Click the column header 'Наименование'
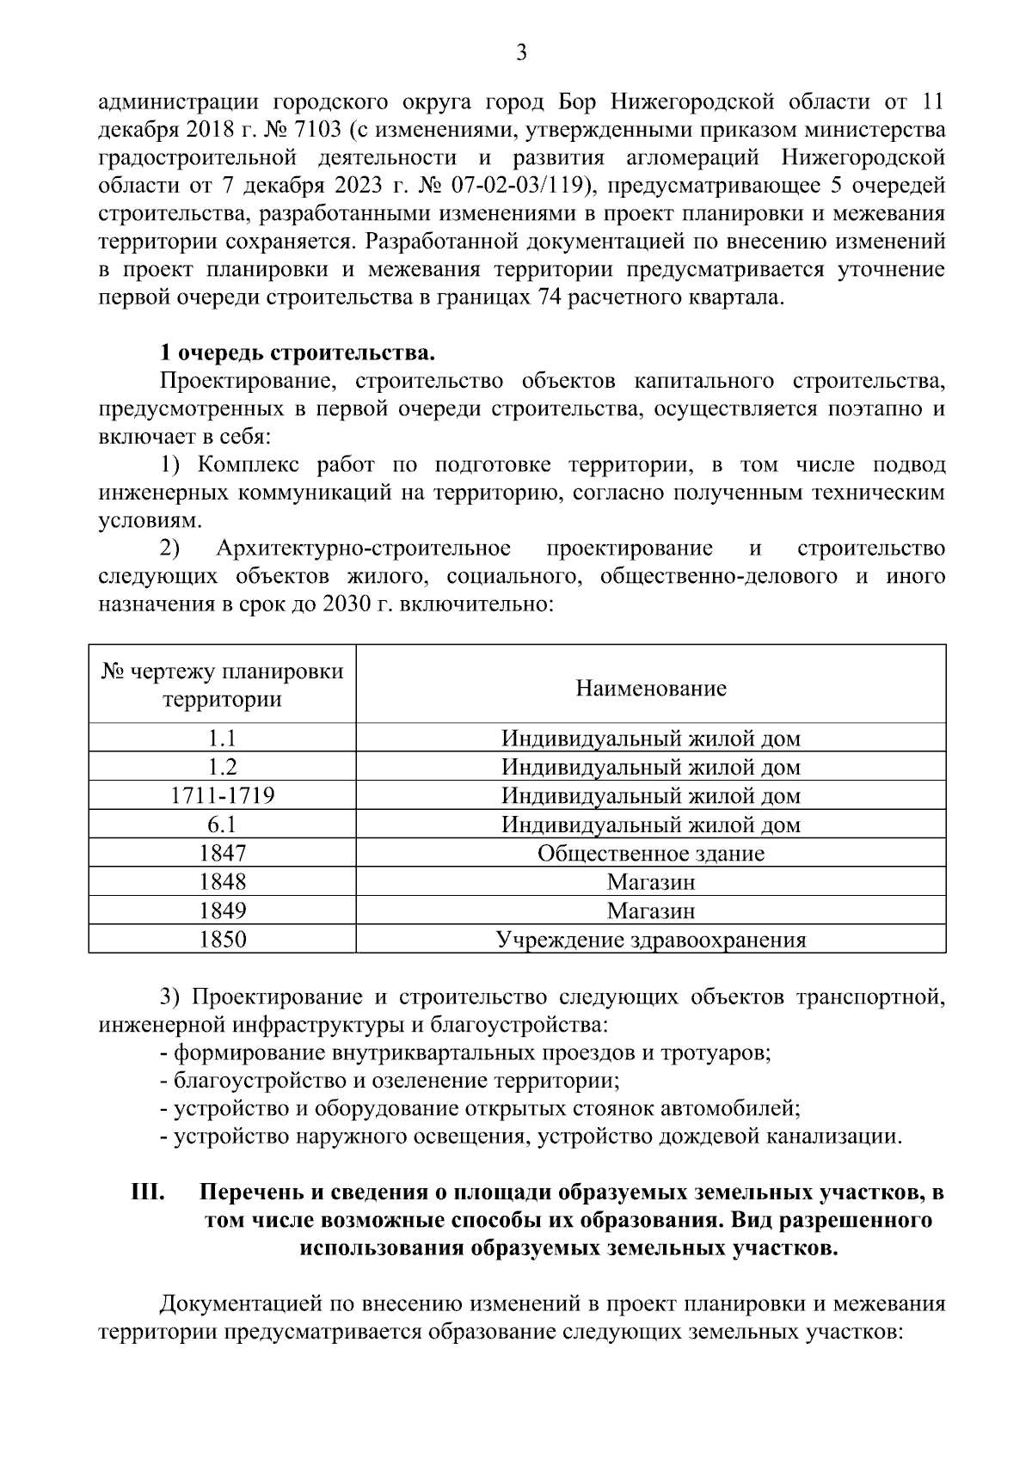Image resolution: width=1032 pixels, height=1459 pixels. tap(651, 688)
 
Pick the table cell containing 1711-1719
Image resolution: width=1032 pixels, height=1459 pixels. tap(223, 796)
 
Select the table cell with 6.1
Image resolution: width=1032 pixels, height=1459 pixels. tap(223, 825)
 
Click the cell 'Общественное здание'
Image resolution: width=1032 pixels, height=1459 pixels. tap(651, 854)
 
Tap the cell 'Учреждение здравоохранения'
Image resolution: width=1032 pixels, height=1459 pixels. tap(651, 940)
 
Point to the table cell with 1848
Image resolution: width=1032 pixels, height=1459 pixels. tap(223, 882)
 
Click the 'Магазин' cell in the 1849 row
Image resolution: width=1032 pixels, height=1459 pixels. tap(651, 910)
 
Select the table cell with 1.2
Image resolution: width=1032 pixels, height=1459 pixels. tap(223, 767)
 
